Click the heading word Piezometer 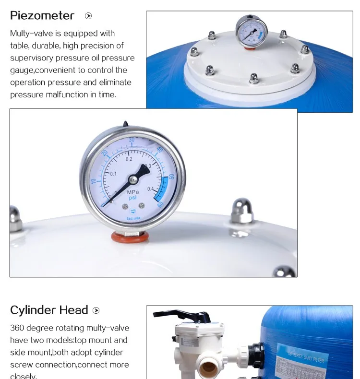42,16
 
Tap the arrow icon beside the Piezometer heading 88,16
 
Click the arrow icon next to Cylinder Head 96,310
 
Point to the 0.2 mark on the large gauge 129,159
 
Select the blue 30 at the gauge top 132,140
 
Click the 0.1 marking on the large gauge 113,173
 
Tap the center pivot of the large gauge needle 133,179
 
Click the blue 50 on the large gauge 171,177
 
